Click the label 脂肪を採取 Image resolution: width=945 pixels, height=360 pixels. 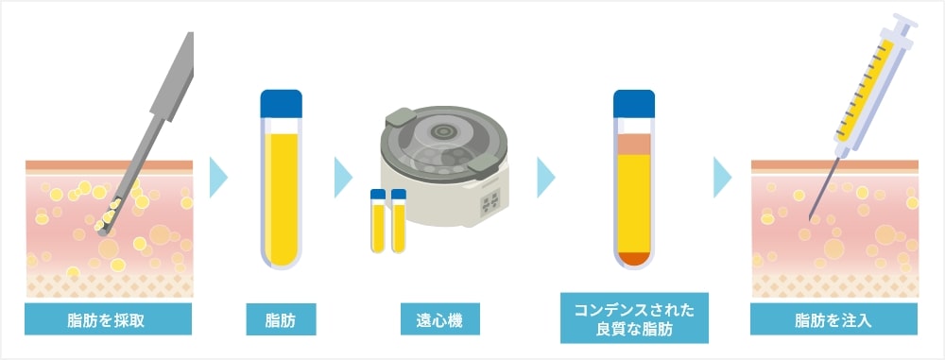[x=109, y=319]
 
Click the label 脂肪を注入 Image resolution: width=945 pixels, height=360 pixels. [x=833, y=319]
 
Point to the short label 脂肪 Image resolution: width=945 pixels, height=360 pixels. [x=281, y=319]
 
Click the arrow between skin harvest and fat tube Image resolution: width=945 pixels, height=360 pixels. [x=219, y=176]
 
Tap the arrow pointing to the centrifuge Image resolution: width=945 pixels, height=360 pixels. [x=342, y=176]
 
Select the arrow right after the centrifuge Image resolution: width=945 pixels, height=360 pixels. [x=546, y=176]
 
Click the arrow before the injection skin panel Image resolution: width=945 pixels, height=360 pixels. [x=723, y=176]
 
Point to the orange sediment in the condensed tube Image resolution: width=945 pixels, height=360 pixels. [x=633, y=256]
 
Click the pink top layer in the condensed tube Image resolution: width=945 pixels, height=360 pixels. [x=633, y=144]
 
